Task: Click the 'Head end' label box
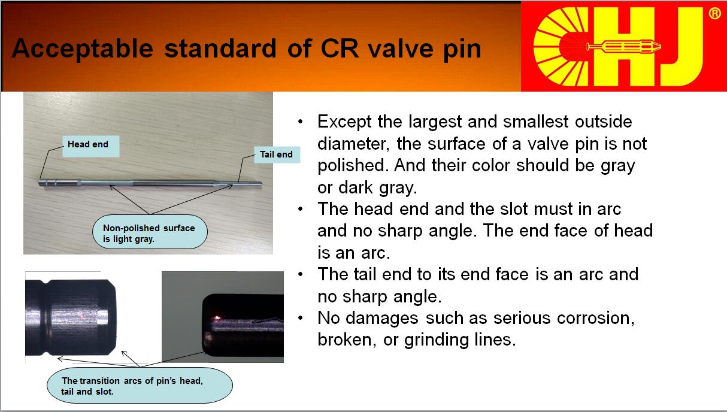91,147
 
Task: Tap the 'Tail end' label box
277,154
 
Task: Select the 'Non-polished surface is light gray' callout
150,232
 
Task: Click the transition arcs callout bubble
140,386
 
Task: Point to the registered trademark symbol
714,14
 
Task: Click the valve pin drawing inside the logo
623,47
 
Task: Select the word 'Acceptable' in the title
83,49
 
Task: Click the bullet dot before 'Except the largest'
300,122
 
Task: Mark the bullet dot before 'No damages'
300,318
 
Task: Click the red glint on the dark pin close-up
216,317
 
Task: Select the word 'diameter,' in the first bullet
353,144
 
